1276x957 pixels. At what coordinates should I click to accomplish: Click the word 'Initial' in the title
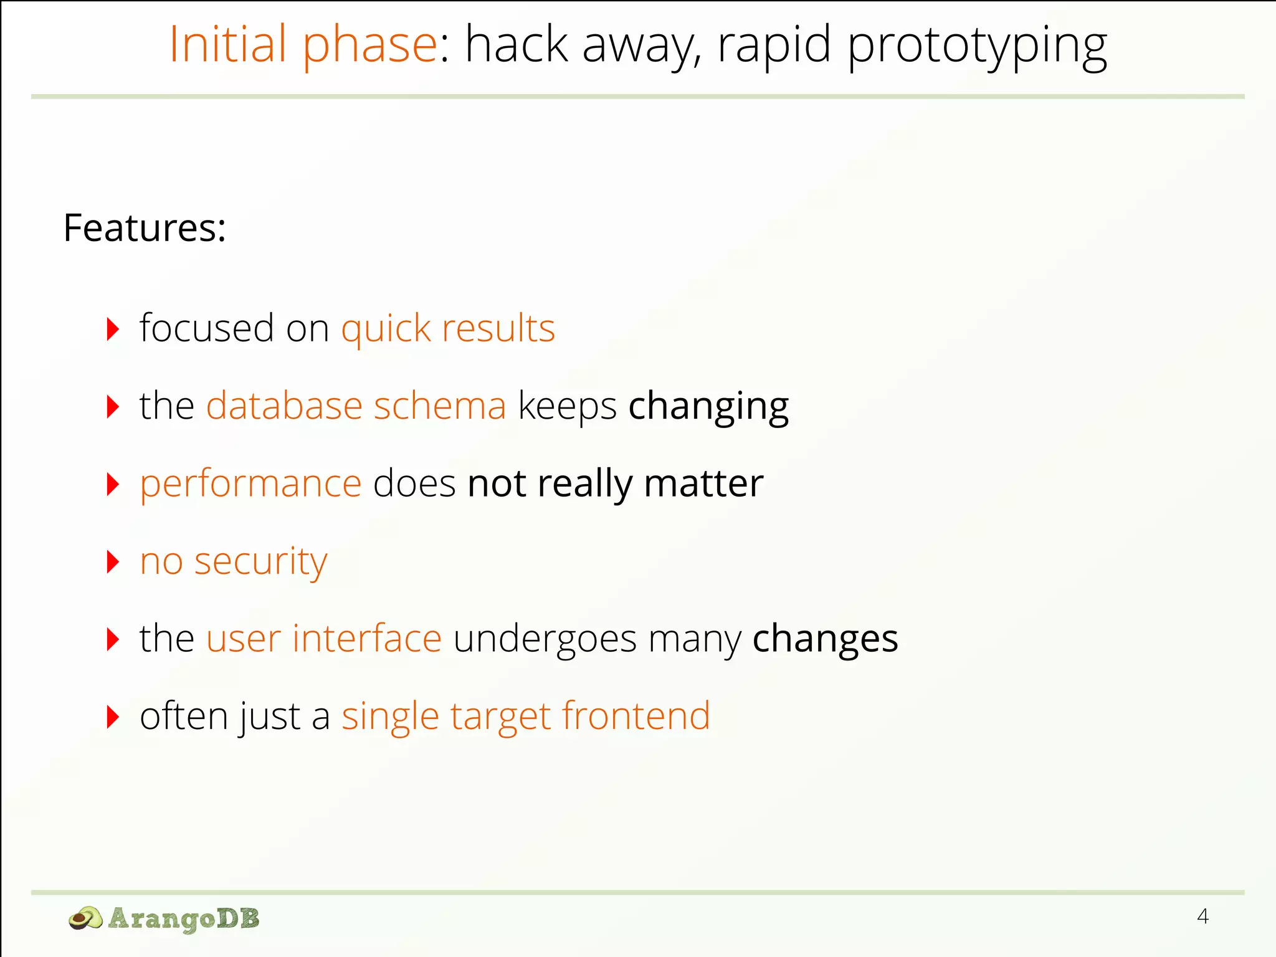tap(228, 45)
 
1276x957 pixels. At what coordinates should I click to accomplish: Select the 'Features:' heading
tap(145, 228)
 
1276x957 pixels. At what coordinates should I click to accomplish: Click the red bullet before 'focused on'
tap(113, 329)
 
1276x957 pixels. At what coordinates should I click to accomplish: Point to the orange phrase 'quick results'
tap(448, 329)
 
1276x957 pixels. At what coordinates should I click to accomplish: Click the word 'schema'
tap(440, 406)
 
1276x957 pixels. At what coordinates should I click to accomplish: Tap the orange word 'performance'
tap(250, 485)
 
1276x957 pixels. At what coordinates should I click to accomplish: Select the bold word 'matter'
tap(703, 483)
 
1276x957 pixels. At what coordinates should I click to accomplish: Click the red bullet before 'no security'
tap(113, 562)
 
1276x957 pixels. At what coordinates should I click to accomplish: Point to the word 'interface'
tap(367, 639)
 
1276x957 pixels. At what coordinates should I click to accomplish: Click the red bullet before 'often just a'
tap(113, 717)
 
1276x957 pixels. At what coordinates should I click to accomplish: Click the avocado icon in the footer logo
tap(85, 918)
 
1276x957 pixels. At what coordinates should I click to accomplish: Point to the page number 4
tap(1202, 917)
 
